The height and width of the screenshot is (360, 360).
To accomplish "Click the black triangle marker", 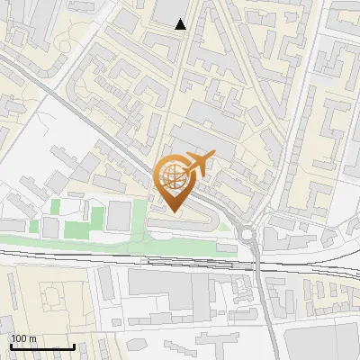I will point(181,24).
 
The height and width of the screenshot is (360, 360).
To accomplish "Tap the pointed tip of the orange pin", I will point(173,211).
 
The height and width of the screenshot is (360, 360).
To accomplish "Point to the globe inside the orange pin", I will point(173,176).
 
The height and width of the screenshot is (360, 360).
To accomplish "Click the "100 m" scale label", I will point(24,338).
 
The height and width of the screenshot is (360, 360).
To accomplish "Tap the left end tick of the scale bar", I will point(11,346).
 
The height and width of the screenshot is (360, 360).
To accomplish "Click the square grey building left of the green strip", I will point(119,215).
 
